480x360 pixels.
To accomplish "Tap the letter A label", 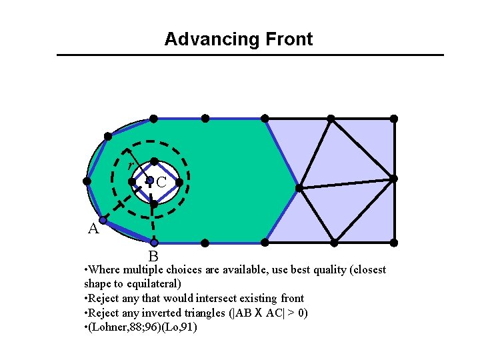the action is click(x=94, y=229).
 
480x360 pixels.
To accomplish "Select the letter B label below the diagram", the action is click(x=153, y=256).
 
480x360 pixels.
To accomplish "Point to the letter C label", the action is click(x=161, y=181).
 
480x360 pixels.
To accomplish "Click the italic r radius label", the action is click(x=131, y=165).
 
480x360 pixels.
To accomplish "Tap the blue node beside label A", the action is click(x=103, y=219).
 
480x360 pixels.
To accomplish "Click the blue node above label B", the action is click(x=154, y=243).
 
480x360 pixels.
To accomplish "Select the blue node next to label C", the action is click(x=150, y=180).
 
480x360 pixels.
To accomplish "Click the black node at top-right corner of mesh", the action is click(x=394, y=119).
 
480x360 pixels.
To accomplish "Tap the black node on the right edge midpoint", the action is click(x=394, y=179).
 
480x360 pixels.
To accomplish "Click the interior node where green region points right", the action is click(x=299, y=188).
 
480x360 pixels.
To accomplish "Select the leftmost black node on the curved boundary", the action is click(x=87, y=181).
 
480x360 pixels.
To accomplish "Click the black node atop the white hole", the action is click(x=154, y=161).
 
